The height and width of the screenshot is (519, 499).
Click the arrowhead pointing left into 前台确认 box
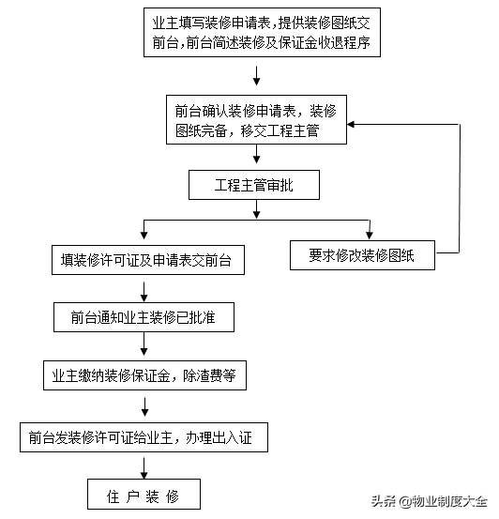coord(351,125)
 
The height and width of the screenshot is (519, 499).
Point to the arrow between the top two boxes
coord(256,76)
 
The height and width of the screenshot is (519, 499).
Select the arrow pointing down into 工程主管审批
coord(256,154)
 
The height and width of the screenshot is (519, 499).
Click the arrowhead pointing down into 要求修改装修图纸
coord(370,235)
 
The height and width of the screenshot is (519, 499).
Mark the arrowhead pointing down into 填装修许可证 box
coord(144,235)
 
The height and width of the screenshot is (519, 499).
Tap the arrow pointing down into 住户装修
coord(144,468)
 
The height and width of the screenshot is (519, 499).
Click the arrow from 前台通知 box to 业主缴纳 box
coord(144,343)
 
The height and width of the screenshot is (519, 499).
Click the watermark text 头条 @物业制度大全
coord(430,501)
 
